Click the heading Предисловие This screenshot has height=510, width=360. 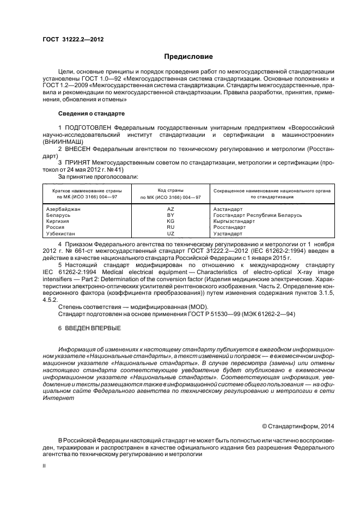188,57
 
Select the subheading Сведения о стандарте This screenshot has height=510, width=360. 91,113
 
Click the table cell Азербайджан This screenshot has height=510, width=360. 64,209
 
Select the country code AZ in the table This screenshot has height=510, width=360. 170,209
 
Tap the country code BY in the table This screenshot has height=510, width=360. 170,215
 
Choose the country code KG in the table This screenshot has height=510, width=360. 170,221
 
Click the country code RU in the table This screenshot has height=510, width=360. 170,227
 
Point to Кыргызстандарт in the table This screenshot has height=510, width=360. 234,221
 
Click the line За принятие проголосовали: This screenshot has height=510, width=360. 98,176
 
